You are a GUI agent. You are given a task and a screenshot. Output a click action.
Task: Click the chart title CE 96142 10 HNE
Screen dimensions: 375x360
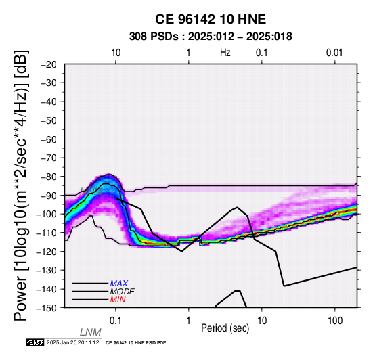211,19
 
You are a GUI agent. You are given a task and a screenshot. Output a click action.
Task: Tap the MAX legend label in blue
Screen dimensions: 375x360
119,284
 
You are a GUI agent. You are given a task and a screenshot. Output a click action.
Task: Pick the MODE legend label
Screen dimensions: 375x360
123,292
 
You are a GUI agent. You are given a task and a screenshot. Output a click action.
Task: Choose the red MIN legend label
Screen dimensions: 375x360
118,300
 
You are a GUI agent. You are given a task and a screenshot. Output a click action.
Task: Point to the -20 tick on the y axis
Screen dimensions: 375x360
48,64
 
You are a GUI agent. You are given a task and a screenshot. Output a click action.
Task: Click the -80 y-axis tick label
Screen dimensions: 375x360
48,177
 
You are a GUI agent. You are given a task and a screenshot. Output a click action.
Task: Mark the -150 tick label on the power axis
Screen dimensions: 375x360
47,308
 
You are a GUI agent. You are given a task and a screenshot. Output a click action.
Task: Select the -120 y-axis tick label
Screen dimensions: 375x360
47,252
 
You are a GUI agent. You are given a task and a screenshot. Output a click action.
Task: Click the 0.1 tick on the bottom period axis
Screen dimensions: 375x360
116,321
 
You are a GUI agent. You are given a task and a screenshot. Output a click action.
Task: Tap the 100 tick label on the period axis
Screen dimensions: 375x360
335,321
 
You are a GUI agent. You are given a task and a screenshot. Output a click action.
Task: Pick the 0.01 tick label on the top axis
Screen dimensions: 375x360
334,53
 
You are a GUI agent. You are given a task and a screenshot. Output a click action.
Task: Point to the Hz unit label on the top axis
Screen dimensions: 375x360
225,53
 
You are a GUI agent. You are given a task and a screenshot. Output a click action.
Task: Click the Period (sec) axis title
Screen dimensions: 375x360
225,328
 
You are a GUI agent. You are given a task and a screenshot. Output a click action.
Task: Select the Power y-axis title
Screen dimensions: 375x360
21,185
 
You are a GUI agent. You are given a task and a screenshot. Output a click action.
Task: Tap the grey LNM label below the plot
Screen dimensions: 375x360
91,332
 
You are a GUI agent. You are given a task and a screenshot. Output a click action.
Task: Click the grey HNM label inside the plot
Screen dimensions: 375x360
91,192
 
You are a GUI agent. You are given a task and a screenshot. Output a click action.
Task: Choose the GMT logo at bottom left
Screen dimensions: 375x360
35,342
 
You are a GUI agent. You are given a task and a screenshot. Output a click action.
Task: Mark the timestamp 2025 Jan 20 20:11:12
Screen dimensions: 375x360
73,342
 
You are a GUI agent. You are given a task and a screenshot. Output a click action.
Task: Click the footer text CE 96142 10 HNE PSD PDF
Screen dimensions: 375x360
135,343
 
